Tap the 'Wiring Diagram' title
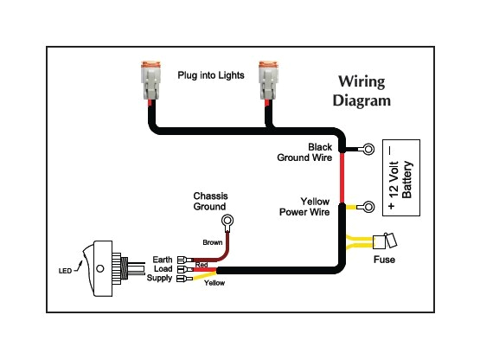click(x=362, y=91)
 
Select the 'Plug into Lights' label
click(x=210, y=76)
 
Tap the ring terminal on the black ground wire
click(x=368, y=150)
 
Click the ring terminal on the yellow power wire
click(x=368, y=207)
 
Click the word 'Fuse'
click(x=385, y=260)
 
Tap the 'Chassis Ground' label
click(x=209, y=202)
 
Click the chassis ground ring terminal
click(x=229, y=222)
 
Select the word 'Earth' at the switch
click(x=161, y=260)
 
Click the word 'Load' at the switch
click(x=162, y=269)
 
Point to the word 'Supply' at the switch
click(x=159, y=278)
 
